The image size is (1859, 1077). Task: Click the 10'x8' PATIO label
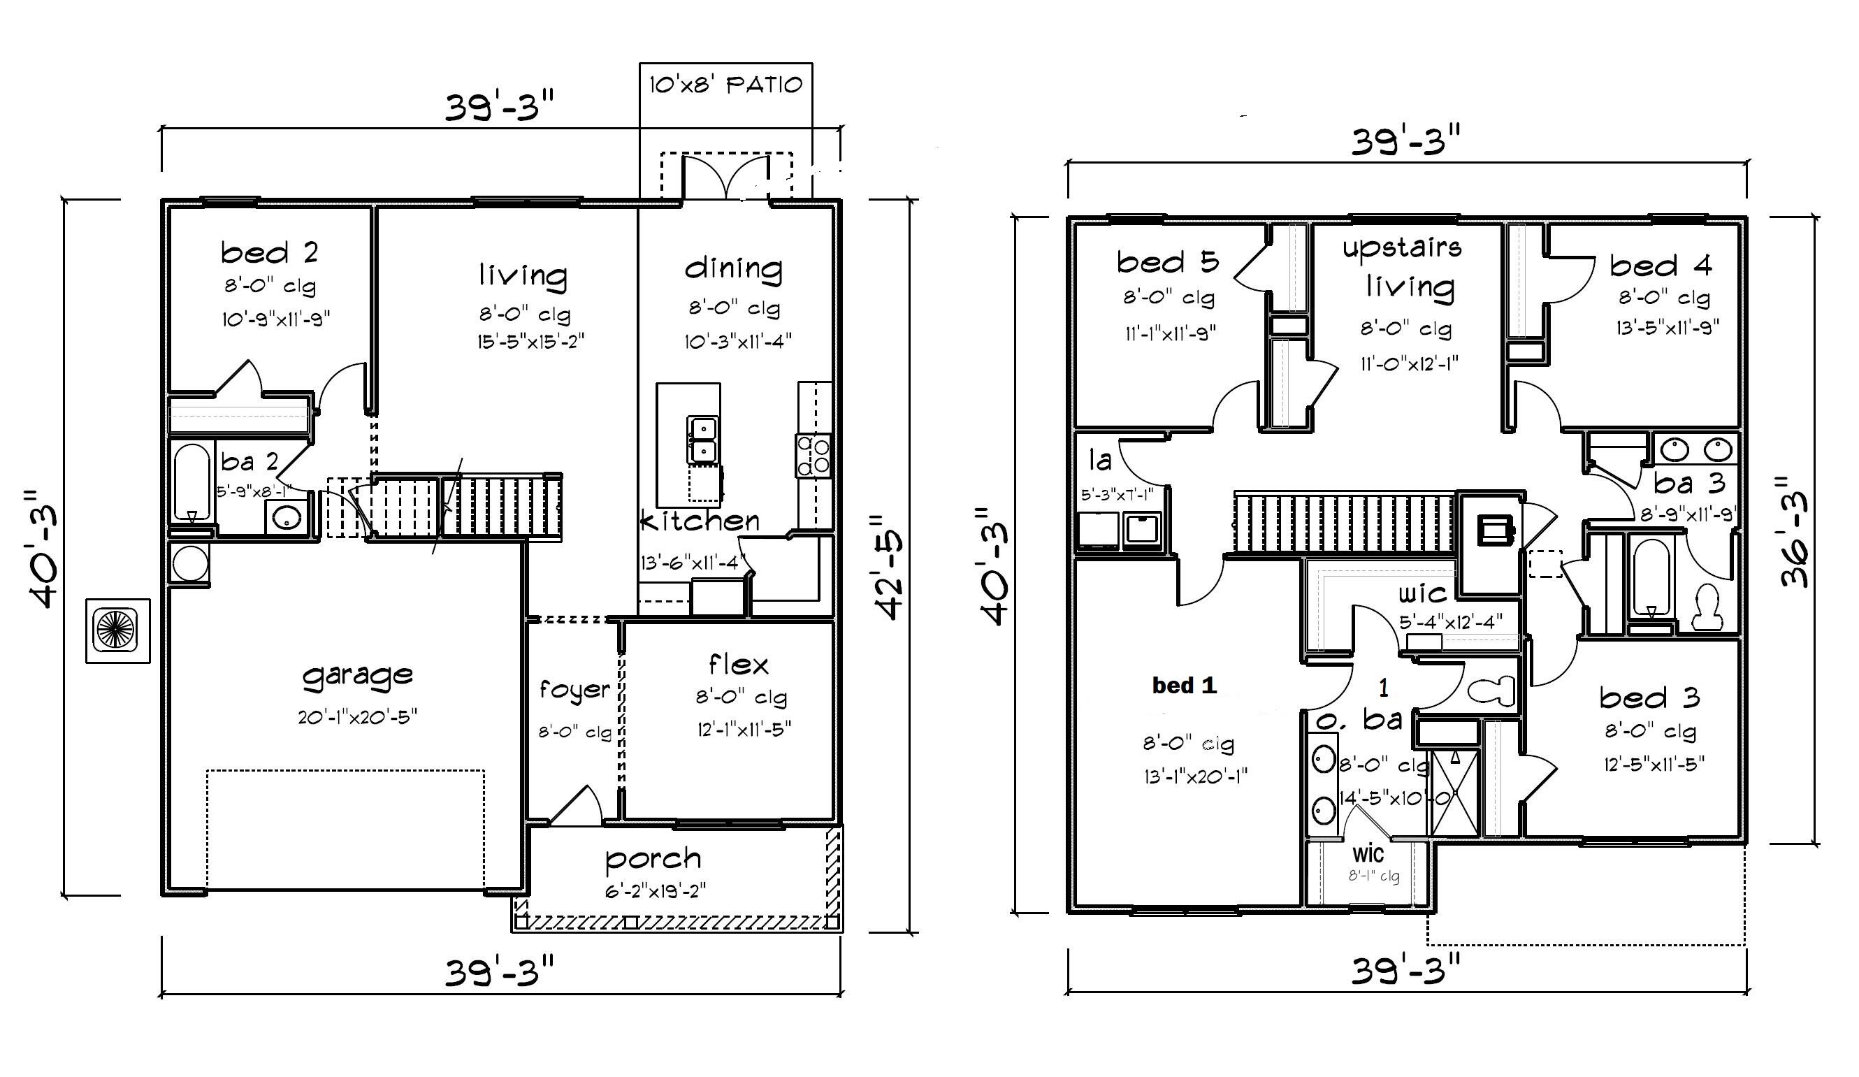point(725,85)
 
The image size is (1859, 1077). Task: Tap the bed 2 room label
point(269,253)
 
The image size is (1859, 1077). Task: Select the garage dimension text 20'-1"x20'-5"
point(358,716)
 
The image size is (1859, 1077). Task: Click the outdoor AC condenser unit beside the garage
point(118,630)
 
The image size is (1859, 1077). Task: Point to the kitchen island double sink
point(702,440)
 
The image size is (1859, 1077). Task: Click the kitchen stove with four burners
point(813,455)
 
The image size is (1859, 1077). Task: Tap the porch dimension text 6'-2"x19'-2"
point(655,891)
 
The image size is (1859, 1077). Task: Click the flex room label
point(739,665)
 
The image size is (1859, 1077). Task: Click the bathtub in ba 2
point(193,482)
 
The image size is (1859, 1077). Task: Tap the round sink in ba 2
point(285,519)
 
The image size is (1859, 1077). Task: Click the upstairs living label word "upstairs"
point(1402,247)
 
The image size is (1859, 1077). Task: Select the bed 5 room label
point(1167,262)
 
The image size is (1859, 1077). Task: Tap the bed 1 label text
point(1184,686)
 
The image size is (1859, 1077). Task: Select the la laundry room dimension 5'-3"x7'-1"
point(1116,495)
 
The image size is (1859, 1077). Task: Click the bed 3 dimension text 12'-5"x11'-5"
point(1654,764)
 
